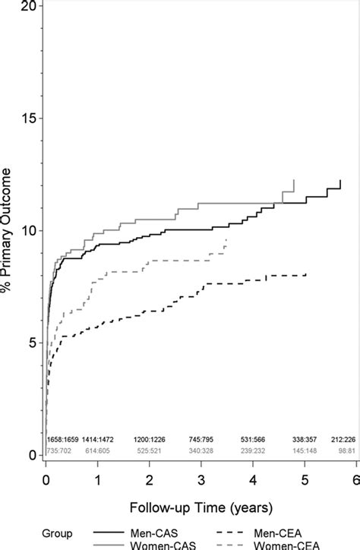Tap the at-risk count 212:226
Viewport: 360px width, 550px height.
[344, 440]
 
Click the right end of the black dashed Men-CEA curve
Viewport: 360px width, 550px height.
[306, 274]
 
